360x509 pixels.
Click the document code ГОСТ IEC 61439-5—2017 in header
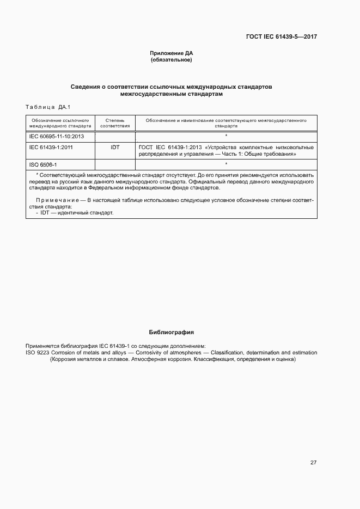point(281,36)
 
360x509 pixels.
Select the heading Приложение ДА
point(172,53)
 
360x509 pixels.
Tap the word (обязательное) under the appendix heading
point(172,59)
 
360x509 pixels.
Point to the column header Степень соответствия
point(115,122)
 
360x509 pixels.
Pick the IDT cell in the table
point(115,147)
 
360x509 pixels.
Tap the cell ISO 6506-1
point(43,164)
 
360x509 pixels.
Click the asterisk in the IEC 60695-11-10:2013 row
point(226,136)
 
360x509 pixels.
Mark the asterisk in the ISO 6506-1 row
point(226,164)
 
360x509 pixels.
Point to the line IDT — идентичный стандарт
point(74,212)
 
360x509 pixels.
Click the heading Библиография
point(172,332)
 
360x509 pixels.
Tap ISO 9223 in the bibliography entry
point(37,353)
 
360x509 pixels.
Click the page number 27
point(313,463)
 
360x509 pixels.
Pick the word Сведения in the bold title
point(86,87)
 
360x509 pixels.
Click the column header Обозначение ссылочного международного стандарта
point(60,122)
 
